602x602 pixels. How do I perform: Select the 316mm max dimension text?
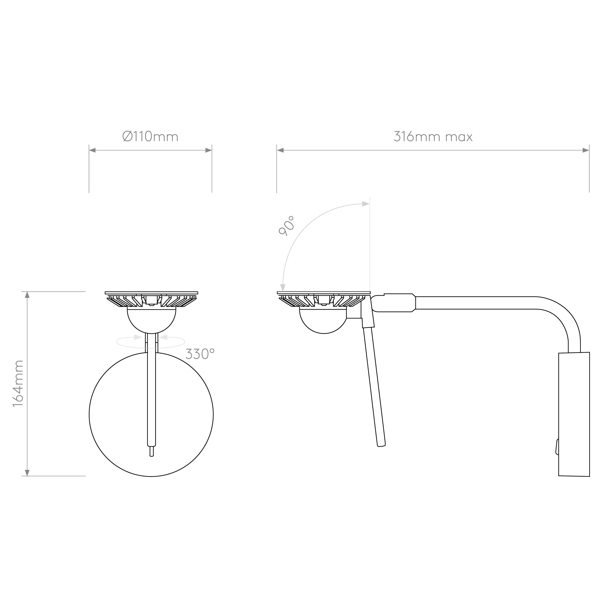click(433, 137)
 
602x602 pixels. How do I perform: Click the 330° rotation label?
click(200, 354)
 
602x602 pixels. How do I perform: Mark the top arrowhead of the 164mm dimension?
click(27, 295)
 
